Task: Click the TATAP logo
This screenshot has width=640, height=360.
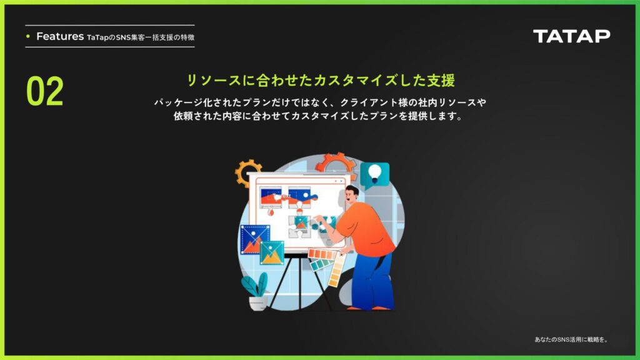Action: click(x=571, y=36)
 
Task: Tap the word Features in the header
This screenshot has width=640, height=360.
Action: click(x=60, y=36)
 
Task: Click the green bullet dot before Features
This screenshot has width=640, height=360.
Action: click(x=27, y=36)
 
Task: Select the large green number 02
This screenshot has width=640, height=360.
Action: click(x=45, y=91)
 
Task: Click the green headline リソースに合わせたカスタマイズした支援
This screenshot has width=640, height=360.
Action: click(x=321, y=81)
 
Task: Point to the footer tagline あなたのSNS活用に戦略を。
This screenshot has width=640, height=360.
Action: click(x=571, y=339)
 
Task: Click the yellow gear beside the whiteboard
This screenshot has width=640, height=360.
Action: click(x=247, y=172)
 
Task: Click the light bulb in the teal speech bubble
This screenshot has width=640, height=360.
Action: click(x=375, y=174)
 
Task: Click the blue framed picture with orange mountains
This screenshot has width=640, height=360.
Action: click(x=255, y=239)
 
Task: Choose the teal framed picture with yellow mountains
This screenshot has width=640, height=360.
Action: click(x=272, y=252)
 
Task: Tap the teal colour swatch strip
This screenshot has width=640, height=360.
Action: click(x=322, y=265)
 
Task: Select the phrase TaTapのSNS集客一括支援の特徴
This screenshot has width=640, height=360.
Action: click(x=141, y=37)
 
